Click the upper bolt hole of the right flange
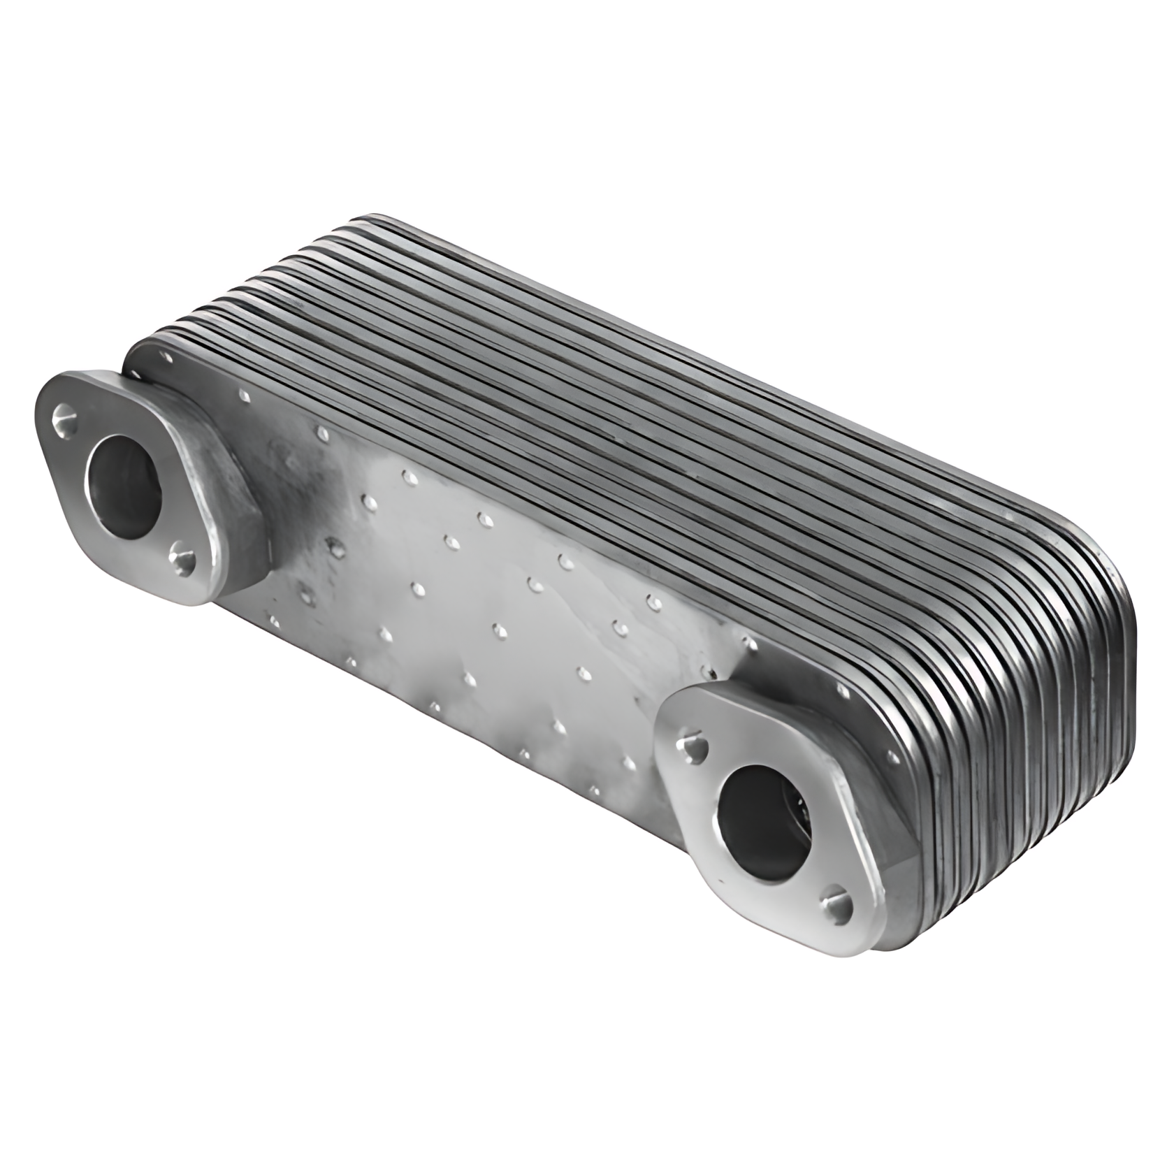coord(695,747)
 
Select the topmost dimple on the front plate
coord(245,396)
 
